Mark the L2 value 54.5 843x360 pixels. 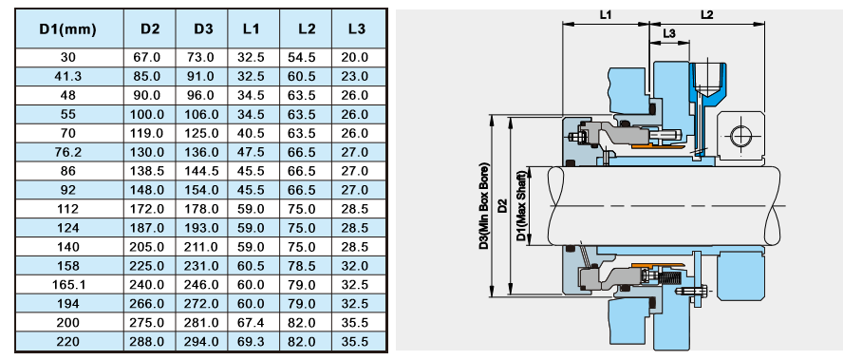[x=303, y=58]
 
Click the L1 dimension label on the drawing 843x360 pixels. [x=606, y=13]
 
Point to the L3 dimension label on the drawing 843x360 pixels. [x=668, y=33]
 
